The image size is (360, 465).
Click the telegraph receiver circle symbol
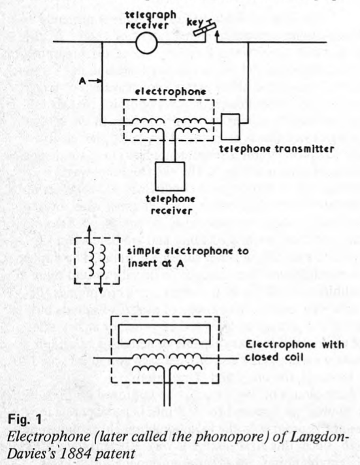click(146, 43)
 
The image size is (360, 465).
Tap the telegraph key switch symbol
click(204, 29)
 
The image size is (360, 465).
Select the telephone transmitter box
click(230, 127)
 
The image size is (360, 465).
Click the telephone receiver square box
click(170, 177)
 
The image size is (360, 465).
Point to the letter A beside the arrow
click(83, 80)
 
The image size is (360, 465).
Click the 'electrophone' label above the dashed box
click(171, 92)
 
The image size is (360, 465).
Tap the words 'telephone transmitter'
click(276, 148)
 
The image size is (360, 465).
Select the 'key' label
click(194, 23)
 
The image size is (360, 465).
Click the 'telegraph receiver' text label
click(150, 20)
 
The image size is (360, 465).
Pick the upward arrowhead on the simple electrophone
click(90, 230)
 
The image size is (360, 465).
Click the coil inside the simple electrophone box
click(97, 260)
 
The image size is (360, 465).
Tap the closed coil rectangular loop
click(165, 334)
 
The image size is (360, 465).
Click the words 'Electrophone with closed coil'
click(294, 351)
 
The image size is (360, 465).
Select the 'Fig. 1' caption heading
click(25, 420)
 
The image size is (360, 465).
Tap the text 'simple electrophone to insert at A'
click(188, 257)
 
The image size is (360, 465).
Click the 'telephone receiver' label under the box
click(171, 205)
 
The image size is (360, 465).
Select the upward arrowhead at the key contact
click(217, 35)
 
